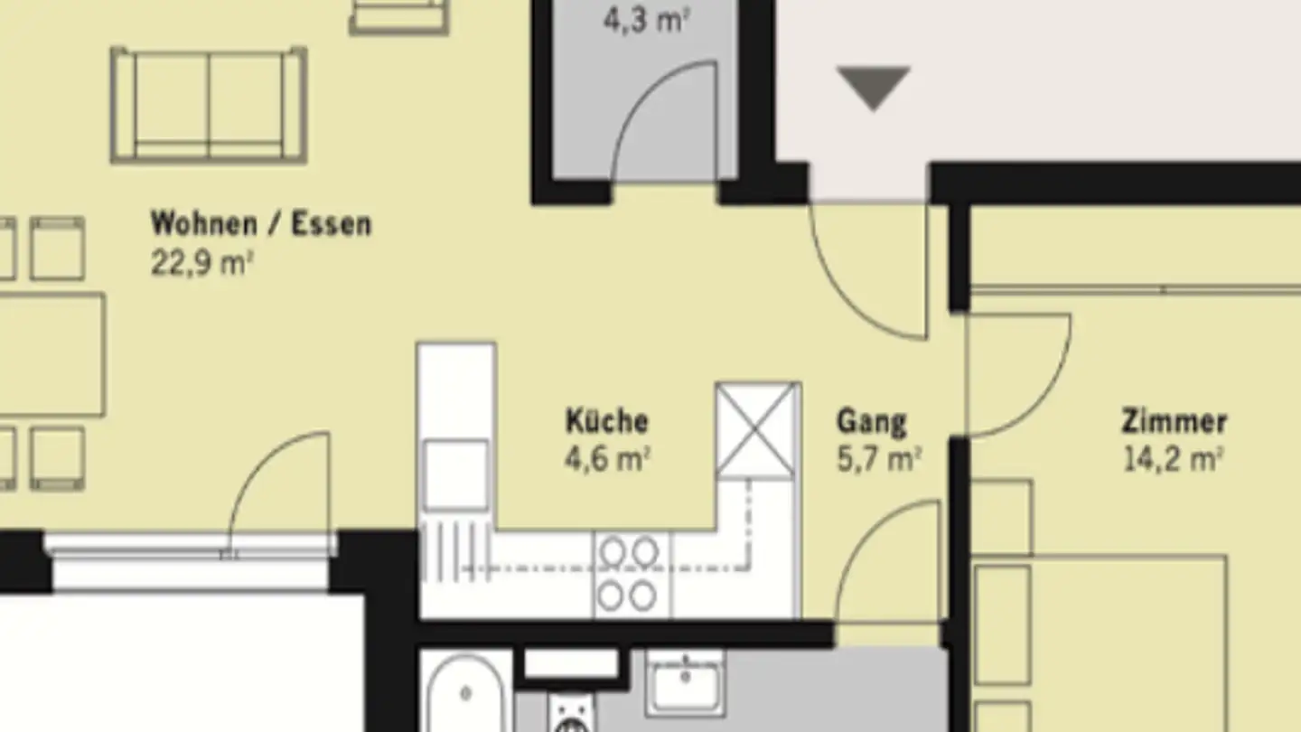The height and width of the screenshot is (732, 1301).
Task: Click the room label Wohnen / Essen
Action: pyautogui.click(x=261, y=224)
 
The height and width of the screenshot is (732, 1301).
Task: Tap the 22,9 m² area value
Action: pyautogui.click(x=201, y=263)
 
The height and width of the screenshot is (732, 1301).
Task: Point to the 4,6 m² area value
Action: pyautogui.click(x=607, y=459)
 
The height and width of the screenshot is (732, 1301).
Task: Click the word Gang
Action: pyautogui.click(x=871, y=422)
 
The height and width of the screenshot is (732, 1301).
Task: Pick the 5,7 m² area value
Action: pyautogui.click(x=879, y=459)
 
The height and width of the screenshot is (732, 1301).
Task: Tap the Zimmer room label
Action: pyautogui.click(x=1174, y=421)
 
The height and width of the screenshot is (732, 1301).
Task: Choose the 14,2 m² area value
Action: pyautogui.click(x=1174, y=459)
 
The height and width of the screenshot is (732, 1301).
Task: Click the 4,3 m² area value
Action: pyautogui.click(x=647, y=20)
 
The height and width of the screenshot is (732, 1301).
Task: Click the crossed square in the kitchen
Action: pyautogui.click(x=755, y=430)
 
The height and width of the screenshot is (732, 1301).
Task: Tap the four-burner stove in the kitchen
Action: pyautogui.click(x=629, y=575)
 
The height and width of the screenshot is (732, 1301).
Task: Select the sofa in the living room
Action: pyautogui.click(x=209, y=105)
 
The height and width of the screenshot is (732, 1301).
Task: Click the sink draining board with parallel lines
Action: pyautogui.click(x=455, y=550)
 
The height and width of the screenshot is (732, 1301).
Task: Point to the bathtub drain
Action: pyautogui.click(x=465, y=693)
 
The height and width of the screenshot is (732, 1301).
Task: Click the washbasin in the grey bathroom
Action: pyautogui.click(x=686, y=683)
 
